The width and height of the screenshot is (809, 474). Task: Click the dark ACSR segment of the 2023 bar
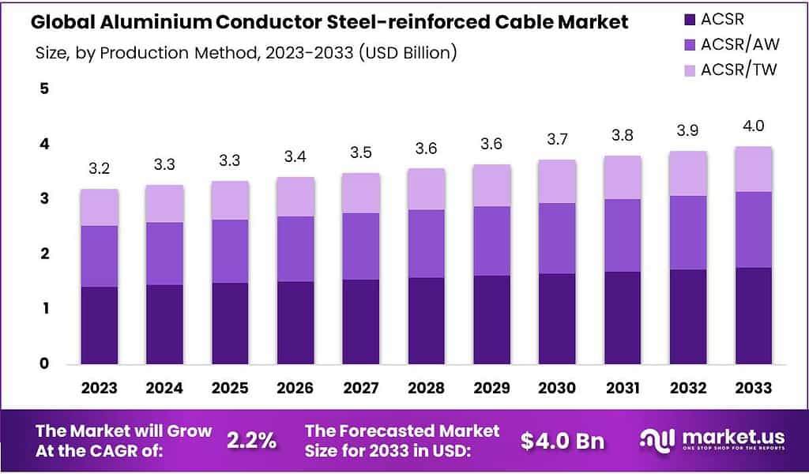[100, 325]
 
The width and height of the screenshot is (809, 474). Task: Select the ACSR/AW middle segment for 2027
[360, 246]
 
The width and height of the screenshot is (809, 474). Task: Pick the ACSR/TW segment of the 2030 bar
[555, 182]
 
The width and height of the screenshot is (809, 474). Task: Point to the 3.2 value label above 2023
[100, 169]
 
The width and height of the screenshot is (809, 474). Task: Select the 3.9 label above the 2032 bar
[687, 130]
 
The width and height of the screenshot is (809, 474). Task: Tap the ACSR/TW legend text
[739, 69]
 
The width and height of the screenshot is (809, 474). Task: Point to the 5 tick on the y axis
[44, 88]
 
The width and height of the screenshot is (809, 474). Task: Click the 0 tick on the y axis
[44, 363]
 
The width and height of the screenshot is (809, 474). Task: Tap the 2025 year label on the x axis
[230, 388]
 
